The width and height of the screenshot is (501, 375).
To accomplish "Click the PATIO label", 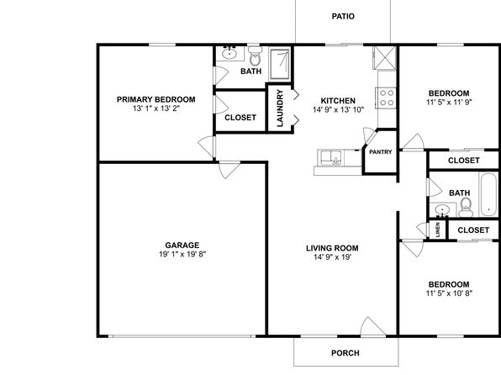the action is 343,16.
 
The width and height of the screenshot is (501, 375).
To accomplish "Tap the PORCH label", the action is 345,353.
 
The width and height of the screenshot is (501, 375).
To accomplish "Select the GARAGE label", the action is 182,246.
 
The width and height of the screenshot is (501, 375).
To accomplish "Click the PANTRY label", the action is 380,152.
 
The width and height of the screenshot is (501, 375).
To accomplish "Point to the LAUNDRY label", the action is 280,108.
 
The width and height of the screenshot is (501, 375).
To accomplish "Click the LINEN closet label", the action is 438,230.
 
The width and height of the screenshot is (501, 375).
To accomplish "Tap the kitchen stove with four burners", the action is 387,98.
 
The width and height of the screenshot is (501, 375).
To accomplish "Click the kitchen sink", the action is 331,158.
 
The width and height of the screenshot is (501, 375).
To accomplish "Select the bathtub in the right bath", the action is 489,194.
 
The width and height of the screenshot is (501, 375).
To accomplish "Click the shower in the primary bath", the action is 280,64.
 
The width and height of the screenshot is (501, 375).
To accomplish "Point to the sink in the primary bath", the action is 229,53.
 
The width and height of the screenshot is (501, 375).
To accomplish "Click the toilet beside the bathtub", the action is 466,208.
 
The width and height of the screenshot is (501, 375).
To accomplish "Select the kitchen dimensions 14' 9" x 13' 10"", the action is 339,109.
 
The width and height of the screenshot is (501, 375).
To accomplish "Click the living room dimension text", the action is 333,256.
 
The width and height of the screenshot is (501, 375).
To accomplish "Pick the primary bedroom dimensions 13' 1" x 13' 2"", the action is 156,108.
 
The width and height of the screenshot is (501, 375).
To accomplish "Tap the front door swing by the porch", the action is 372,327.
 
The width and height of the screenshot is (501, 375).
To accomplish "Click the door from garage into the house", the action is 229,170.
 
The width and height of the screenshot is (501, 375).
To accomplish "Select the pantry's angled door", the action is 370,136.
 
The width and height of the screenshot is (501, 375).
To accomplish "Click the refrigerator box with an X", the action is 385,58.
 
